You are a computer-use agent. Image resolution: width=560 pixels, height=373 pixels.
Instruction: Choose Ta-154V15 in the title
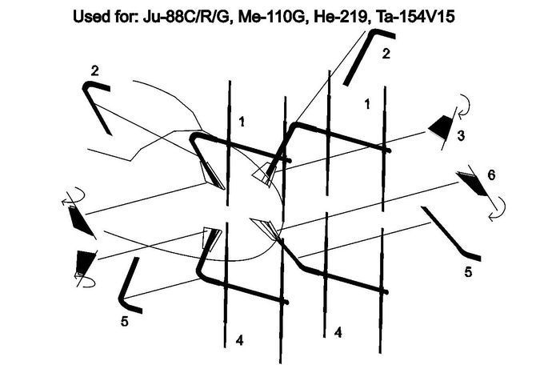[x=414, y=17]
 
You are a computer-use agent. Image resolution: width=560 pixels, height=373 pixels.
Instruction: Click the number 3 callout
[x=461, y=136]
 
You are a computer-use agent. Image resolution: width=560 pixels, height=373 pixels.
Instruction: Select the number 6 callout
[x=491, y=175]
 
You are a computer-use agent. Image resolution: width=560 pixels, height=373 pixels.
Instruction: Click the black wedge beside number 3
[x=441, y=126]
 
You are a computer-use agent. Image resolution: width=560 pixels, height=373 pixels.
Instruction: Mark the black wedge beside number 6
[x=472, y=183]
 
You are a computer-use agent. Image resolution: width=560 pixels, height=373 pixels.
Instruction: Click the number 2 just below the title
[x=386, y=54]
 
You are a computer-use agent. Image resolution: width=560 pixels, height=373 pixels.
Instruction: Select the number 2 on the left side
[x=94, y=71]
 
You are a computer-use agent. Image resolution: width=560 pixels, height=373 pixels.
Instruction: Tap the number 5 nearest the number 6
[x=468, y=272]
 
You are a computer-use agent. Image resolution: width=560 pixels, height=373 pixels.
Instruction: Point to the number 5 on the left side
[x=124, y=322]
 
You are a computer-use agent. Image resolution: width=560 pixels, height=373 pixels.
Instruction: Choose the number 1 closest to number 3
[x=367, y=104]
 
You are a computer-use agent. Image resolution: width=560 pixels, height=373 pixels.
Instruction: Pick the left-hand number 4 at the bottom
[x=240, y=340]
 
